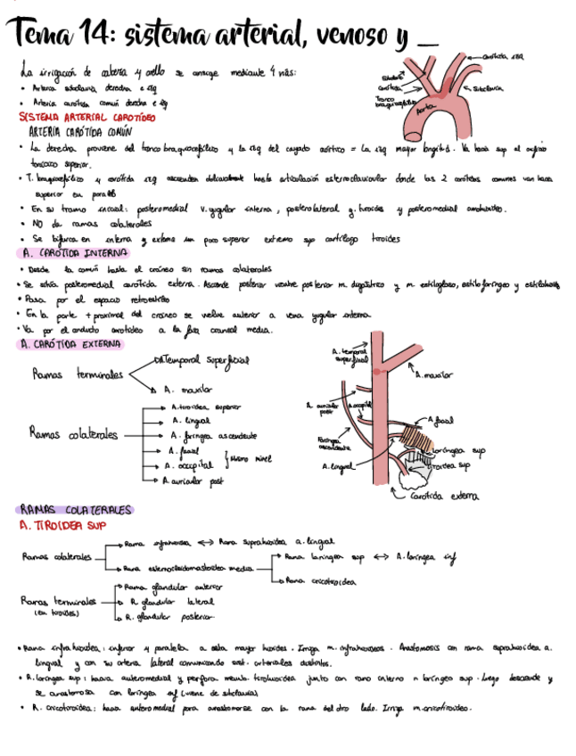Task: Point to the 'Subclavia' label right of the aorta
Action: pyautogui.click(x=490, y=88)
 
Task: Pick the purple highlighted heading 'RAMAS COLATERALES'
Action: pyautogui.click(x=76, y=510)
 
